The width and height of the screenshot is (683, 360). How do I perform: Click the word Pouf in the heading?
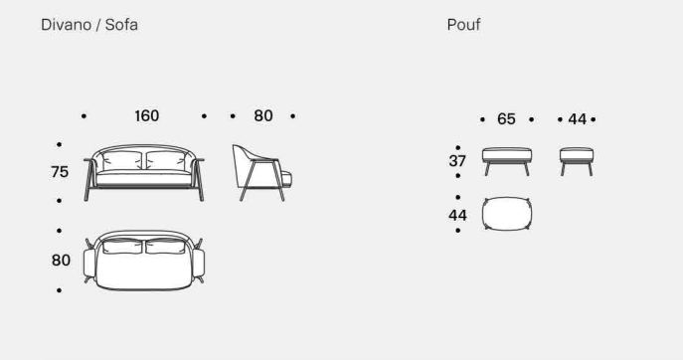click(x=463, y=25)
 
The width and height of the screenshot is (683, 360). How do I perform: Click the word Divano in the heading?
click(x=67, y=25)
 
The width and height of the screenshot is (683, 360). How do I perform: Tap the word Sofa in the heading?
click(x=121, y=25)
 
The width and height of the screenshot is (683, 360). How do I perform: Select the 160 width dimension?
click(x=147, y=116)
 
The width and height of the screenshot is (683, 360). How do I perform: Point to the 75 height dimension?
click(x=60, y=172)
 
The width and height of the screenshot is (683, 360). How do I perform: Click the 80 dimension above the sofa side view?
click(x=263, y=116)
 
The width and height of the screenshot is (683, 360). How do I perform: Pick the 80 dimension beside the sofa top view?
click(x=61, y=261)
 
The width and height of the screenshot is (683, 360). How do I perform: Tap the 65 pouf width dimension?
click(x=506, y=119)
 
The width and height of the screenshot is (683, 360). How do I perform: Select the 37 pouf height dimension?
click(x=457, y=161)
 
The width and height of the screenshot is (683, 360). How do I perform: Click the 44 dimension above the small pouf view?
click(x=578, y=119)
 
